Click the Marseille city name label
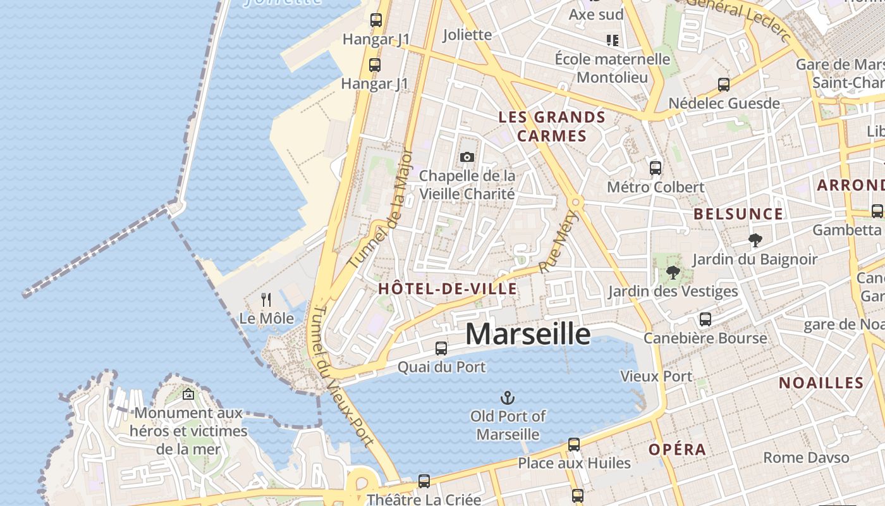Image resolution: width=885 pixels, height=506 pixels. pos(528,334)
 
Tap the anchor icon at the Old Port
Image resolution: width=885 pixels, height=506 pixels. pos(508,398)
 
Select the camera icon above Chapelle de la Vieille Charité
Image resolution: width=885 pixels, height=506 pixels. pos(467,157)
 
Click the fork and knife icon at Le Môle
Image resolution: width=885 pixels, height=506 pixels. pos(266,299)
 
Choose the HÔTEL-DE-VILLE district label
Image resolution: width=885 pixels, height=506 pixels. pos(448,289)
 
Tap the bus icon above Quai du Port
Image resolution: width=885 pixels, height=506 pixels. pos(441,348)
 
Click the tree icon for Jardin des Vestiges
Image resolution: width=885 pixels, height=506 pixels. pos(673,273)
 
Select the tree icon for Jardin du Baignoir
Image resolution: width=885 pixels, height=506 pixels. pos(755,240)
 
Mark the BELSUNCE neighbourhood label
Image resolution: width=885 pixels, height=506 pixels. pos(738,214)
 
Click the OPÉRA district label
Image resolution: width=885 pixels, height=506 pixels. pos(677,450)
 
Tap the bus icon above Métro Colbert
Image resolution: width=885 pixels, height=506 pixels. pos(656,168)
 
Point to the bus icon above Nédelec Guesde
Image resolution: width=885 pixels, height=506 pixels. pos(724,84)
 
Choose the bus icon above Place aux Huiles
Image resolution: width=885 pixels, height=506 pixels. pos(574,445)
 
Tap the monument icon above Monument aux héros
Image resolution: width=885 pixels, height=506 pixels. pos(188,395)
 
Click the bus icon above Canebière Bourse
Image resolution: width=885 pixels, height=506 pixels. pos(705,319)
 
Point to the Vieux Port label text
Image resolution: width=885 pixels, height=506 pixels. pos(656,376)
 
